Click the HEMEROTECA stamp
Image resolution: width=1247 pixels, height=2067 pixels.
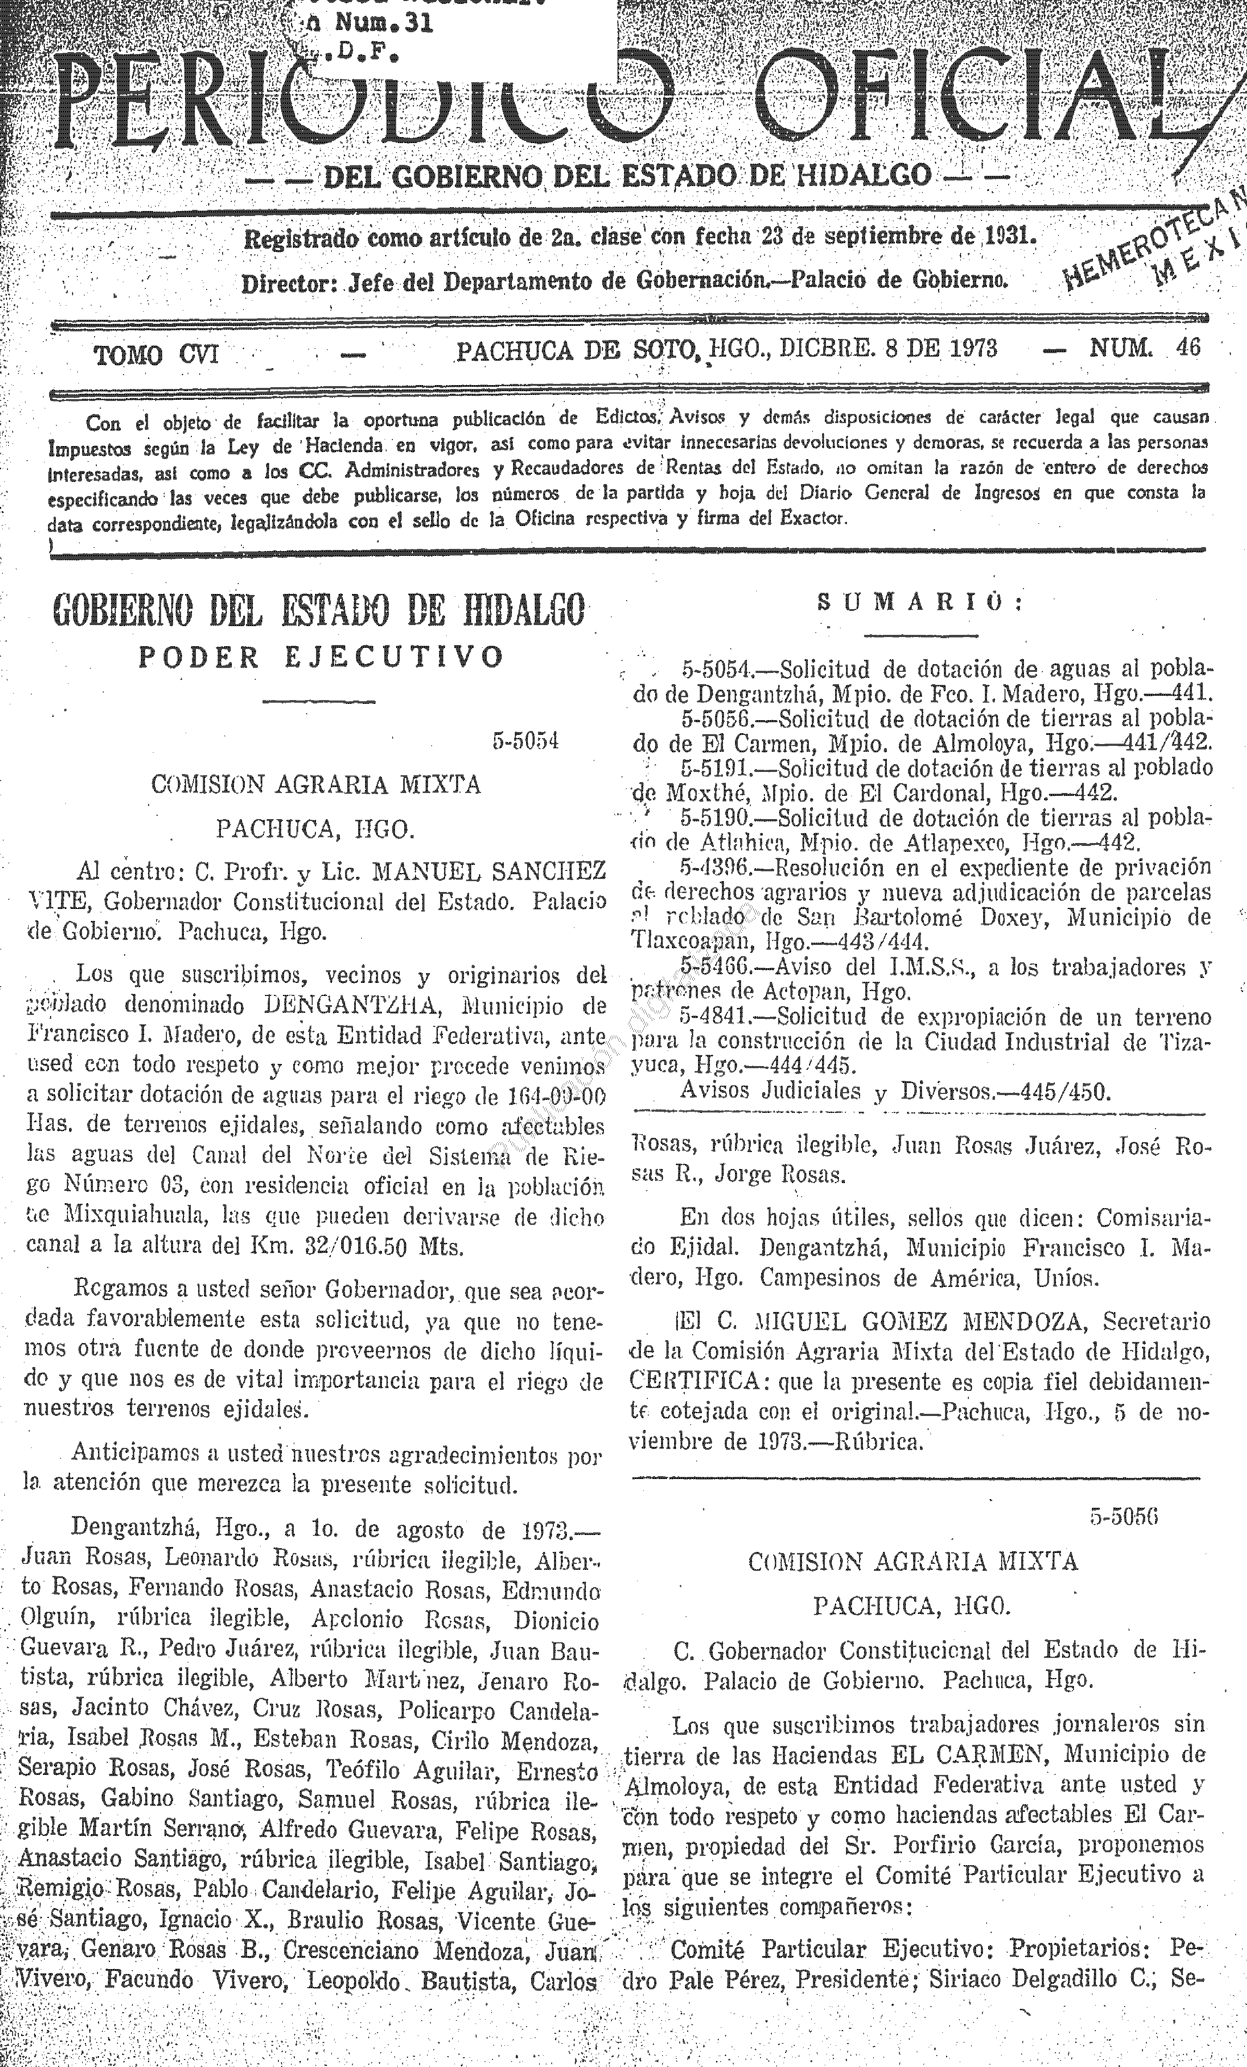click(x=1150, y=243)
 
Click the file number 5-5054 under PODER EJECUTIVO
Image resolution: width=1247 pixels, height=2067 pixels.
click(x=526, y=741)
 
